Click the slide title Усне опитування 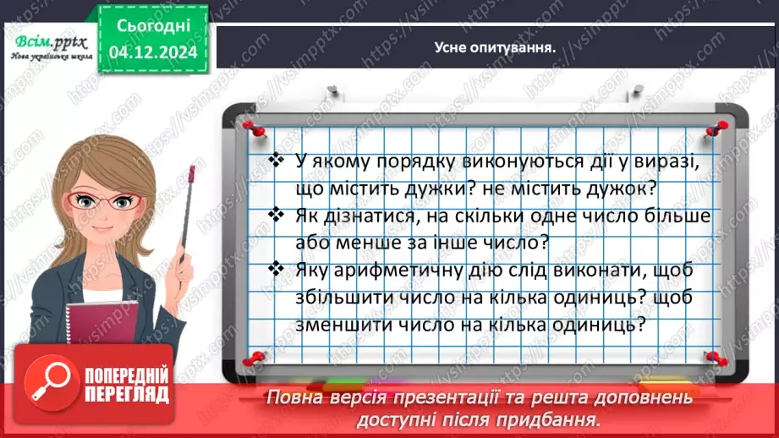coord(494,47)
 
